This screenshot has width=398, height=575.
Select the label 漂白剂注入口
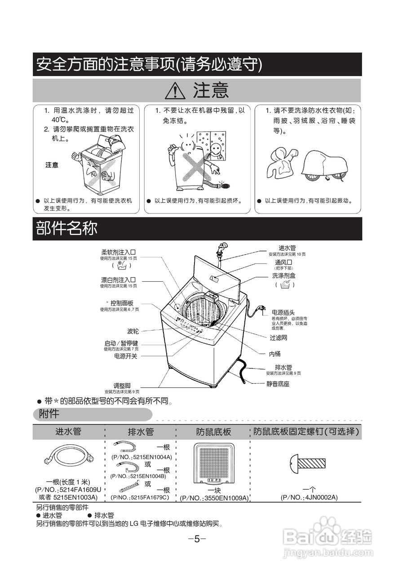point(119,279)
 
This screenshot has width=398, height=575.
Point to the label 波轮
point(133,331)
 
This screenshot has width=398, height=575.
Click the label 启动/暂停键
point(121,343)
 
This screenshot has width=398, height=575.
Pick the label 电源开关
point(126,356)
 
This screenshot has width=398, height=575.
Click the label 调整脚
point(122,385)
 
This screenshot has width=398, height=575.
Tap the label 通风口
point(284,262)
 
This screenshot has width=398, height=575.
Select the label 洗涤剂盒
point(284,275)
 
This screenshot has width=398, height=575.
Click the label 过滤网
point(279,338)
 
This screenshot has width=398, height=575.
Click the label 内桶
point(275,354)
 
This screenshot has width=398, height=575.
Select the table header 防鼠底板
point(213,432)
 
